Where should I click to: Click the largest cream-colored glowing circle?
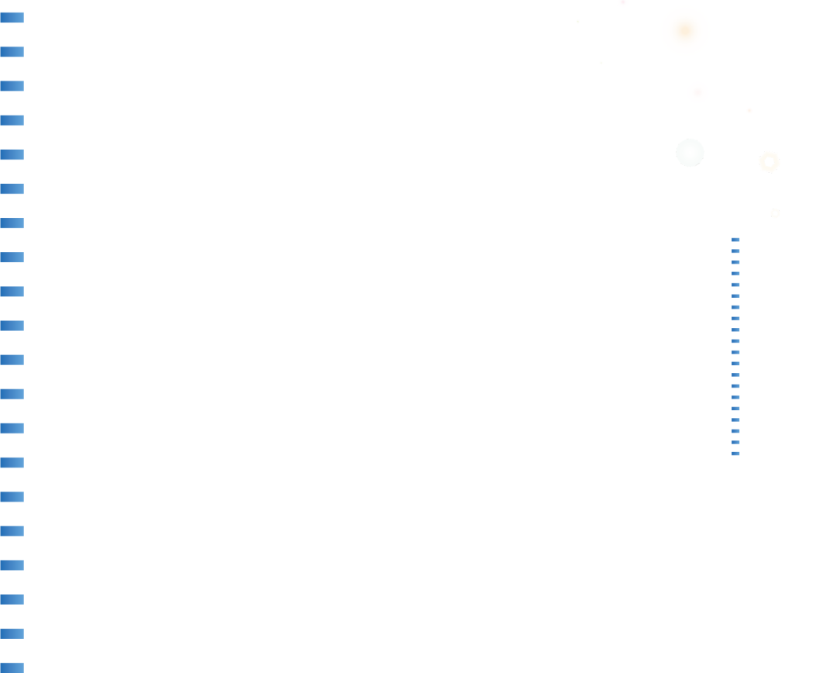click(685, 31)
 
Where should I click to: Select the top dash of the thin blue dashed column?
click(735, 240)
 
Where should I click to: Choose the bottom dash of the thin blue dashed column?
click(735, 454)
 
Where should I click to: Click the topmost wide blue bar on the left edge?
click(12, 17)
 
